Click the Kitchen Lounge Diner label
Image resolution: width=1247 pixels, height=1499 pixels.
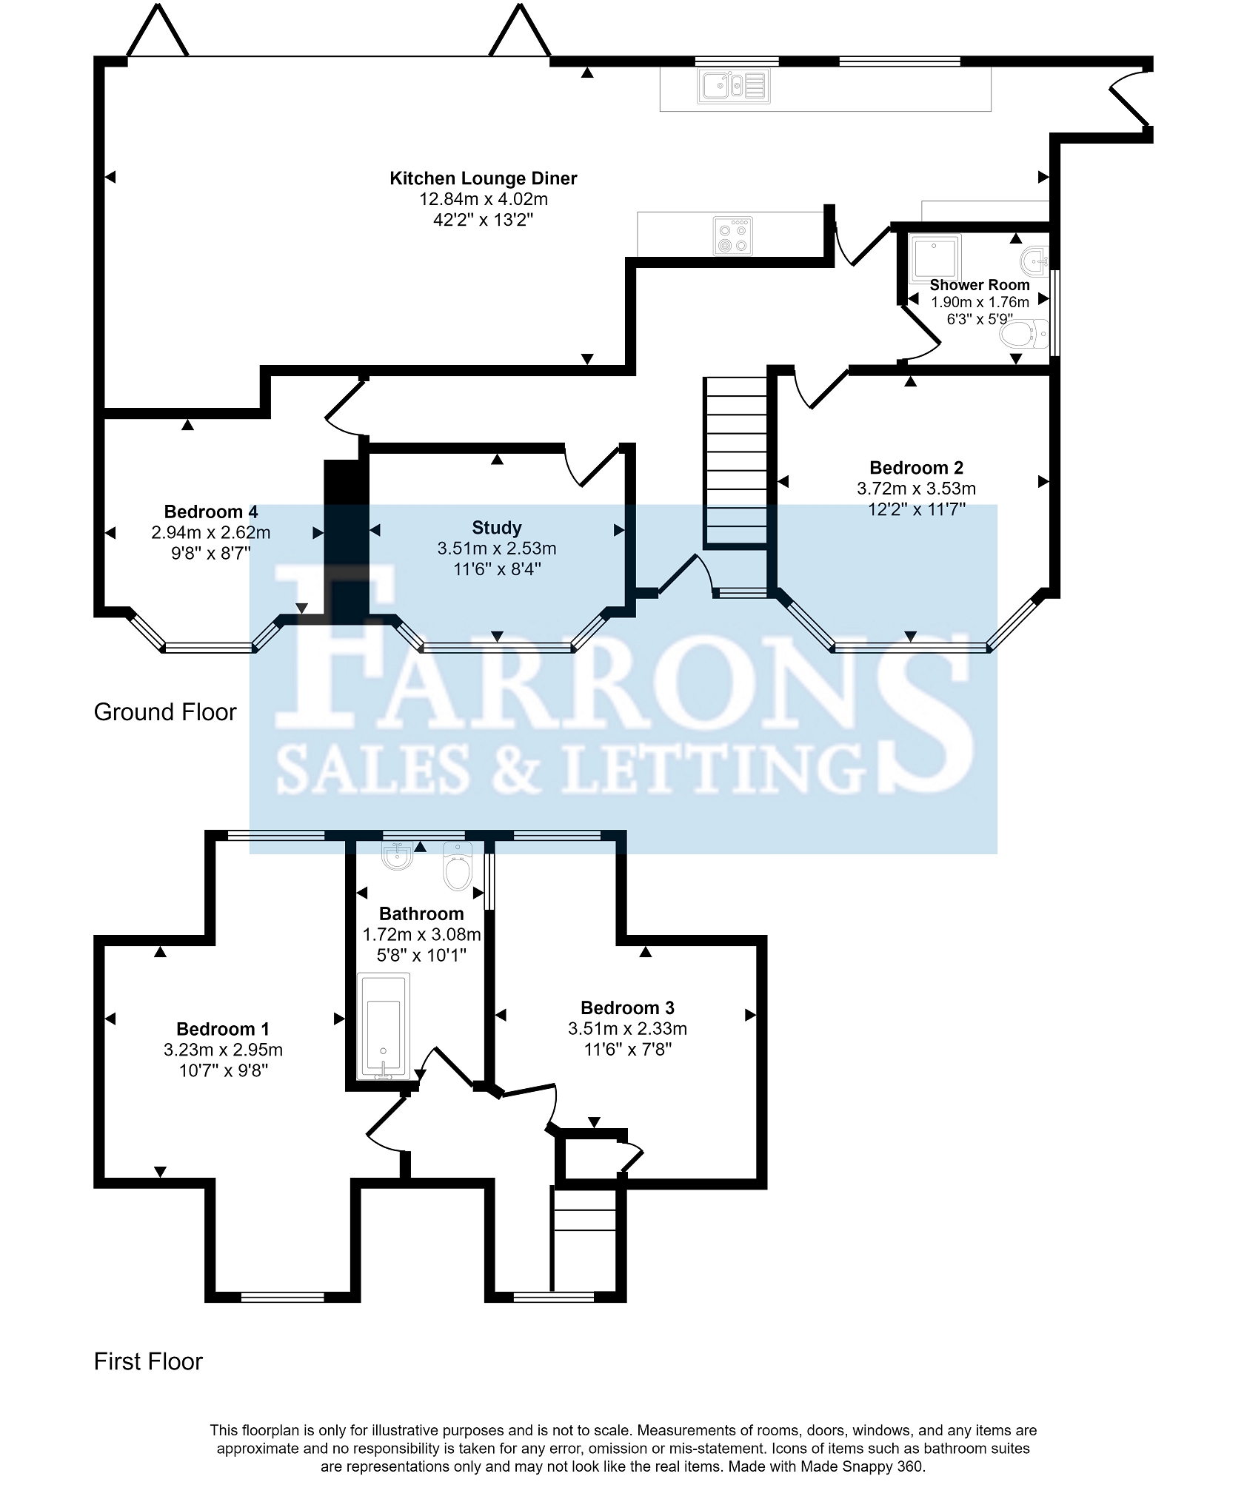483,178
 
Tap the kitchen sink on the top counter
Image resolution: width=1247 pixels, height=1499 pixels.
733,86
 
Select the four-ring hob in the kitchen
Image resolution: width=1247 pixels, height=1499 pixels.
733,236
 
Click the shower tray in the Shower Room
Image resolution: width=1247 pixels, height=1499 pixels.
935,258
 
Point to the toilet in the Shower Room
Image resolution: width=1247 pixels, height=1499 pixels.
1024,335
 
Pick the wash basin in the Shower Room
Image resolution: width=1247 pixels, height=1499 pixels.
1034,260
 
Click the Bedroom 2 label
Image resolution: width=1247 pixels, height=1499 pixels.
916,468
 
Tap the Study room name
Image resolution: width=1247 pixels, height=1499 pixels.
497,528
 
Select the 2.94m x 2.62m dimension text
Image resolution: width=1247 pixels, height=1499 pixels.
211,532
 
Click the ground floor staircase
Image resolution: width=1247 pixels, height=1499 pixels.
735,463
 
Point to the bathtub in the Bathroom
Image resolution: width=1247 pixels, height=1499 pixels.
383,1026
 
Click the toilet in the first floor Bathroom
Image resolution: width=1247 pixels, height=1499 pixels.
457,865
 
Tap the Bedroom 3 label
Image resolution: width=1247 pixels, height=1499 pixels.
627,1007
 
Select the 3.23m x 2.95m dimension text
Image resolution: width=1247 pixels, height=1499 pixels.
223,1050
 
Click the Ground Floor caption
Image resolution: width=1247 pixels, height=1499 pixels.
165,712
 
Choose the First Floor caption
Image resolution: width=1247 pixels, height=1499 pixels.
148,1361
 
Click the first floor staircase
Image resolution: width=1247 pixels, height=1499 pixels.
584,1240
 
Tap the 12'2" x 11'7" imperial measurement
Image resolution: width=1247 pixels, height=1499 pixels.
917,509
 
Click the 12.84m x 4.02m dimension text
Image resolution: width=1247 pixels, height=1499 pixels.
484,199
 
